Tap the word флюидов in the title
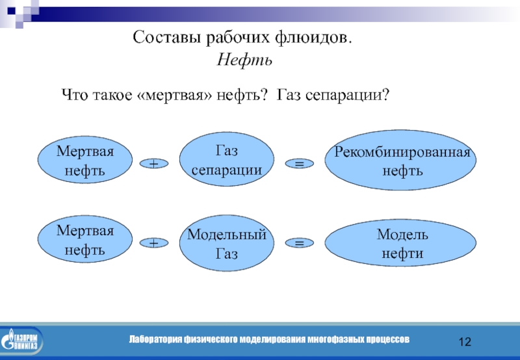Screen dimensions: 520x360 tap(313, 38)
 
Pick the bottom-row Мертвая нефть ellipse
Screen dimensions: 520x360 tap(84, 240)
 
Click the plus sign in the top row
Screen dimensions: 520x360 tap(154, 165)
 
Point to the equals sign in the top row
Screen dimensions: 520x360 tap(300, 165)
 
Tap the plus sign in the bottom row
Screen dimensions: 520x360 tap(154, 243)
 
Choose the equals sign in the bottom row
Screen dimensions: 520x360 tap(300, 243)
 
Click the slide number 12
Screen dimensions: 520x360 tap(465, 342)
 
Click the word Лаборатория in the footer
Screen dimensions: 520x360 tap(155, 339)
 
